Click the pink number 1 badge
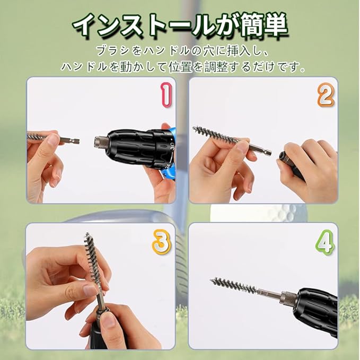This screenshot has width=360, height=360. (x=166, y=94)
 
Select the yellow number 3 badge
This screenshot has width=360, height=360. (x=161, y=242)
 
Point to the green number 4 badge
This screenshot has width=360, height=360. (x=325, y=243)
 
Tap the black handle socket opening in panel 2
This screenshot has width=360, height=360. (x=282, y=156)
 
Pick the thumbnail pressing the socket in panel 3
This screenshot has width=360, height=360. (x=108, y=321)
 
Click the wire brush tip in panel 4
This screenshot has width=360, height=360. (x=212, y=280)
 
